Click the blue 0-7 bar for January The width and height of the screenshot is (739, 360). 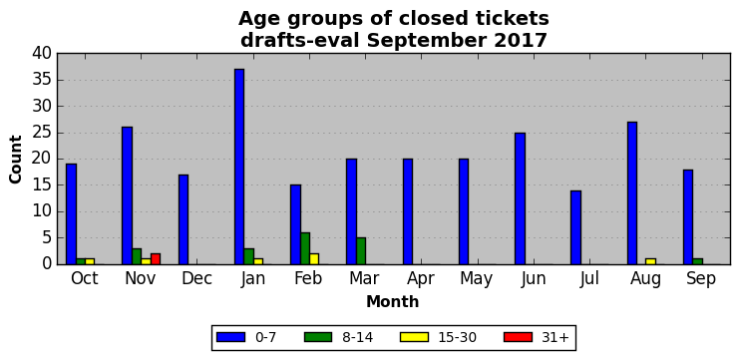point(239,167)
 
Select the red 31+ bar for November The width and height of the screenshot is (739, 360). point(156,259)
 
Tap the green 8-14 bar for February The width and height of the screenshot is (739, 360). point(305,248)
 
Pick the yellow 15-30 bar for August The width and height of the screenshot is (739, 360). point(650,261)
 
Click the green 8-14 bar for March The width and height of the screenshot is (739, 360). point(361,251)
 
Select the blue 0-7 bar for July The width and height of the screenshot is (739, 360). point(575,227)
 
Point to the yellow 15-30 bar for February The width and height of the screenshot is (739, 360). point(314,259)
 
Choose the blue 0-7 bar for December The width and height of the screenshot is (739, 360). point(184,219)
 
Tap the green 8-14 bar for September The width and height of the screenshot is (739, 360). point(697,261)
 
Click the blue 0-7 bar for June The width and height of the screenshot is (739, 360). point(520,198)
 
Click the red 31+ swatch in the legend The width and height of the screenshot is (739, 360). point(518,337)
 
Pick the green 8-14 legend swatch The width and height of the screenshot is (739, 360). point(318,337)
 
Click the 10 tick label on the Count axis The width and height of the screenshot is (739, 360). point(42,212)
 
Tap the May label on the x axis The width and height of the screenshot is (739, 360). point(477,279)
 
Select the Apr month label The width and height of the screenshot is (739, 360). point(421,279)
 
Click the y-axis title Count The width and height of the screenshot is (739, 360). point(16,160)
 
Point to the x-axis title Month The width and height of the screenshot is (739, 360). point(393,301)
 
